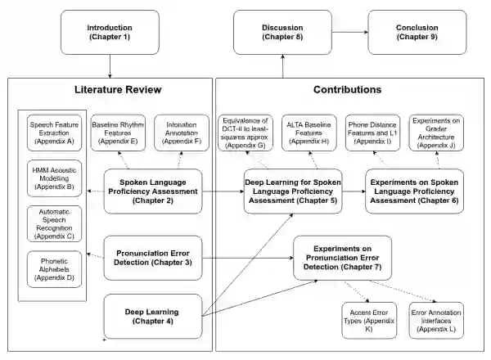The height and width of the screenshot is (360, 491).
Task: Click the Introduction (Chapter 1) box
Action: tap(109, 32)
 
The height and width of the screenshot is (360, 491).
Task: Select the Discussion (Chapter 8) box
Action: tap(282, 32)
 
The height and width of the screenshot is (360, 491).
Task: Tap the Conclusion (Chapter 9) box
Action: tap(412, 32)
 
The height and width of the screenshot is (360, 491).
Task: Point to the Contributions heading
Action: tap(347, 89)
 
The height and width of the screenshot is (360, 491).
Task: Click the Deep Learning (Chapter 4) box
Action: tap(153, 315)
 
